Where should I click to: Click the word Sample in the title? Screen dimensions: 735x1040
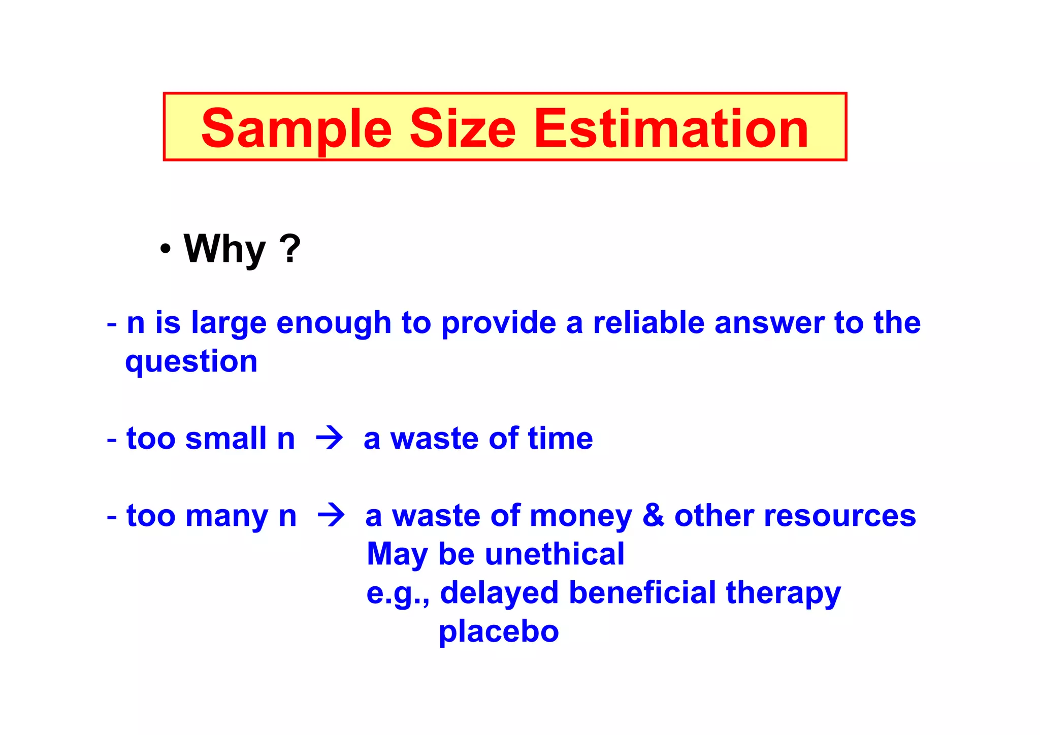296,129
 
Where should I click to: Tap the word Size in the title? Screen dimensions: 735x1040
463,129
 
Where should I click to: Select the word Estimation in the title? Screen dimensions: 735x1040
671,129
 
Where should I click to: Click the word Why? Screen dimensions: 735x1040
224,249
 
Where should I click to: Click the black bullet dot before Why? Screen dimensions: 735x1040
165,249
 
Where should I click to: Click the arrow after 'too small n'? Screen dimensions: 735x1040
329,438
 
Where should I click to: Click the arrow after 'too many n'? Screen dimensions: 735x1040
331,515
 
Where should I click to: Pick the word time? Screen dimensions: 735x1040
560,438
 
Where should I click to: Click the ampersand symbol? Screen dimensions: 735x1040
653,515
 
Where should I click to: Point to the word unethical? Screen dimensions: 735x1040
555,554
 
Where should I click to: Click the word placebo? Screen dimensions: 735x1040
498,632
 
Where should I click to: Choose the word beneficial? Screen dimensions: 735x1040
642,592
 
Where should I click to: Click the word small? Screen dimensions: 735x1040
226,438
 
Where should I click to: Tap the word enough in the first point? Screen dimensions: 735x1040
334,324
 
